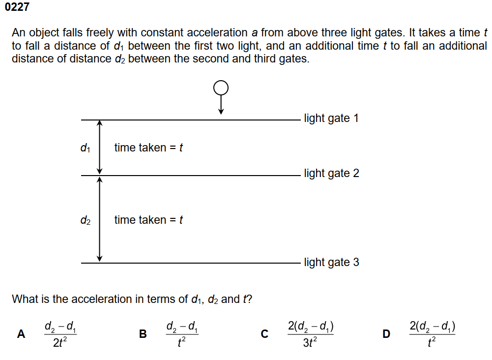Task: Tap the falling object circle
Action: (221, 88)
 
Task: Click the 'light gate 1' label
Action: (331, 118)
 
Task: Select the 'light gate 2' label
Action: (331, 173)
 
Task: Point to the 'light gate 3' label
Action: (331, 262)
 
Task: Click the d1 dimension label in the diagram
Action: (85, 148)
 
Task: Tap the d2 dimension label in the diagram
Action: (85, 220)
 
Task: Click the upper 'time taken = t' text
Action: (148, 148)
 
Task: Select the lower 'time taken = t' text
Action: (148, 220)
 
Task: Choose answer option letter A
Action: (21, 334)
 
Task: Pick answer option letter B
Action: (143, 334)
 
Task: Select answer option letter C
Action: (264, 334)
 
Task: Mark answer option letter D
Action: (386, 334)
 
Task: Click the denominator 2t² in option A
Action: (60, 343)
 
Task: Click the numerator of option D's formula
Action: (432, 326)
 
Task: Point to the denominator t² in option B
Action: (182, 343)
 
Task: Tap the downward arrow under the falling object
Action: (221, 104)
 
